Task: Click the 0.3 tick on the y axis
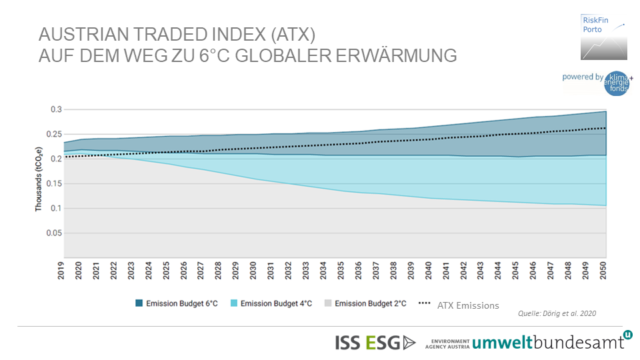coord(56,109)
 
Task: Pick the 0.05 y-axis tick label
coord(53,233)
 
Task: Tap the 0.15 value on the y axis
coord(53,183)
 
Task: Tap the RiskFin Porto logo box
coord(604,38)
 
